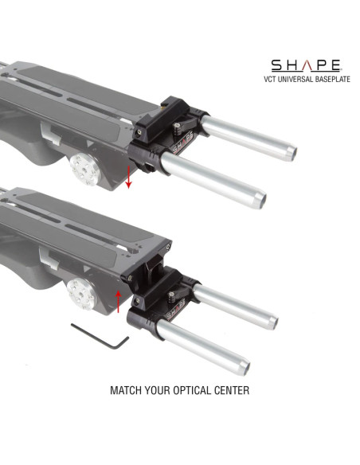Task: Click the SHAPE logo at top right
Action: (305, 65)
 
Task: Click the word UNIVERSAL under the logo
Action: (299, 79)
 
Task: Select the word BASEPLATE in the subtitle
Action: (327, 79)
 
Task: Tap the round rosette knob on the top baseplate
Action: (82, 167)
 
